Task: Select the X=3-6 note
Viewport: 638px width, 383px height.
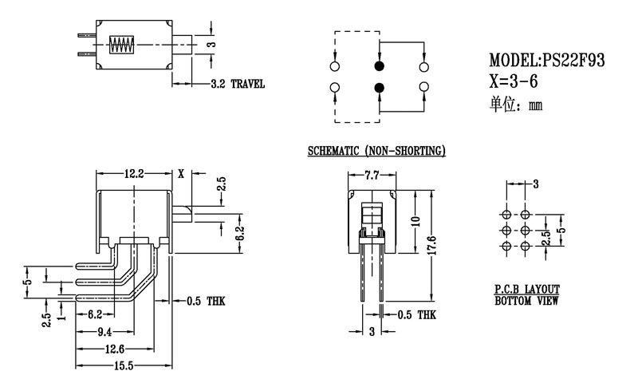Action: pos(518,81)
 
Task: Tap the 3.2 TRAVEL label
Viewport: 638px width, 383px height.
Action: pos(238,84)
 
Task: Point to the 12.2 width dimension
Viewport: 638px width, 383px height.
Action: pos(134,173)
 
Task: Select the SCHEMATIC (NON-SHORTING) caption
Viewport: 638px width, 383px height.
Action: pos(376,151)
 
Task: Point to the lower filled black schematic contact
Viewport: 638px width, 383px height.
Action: pos(379,87)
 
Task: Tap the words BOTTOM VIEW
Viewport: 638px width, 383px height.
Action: pos(527,301)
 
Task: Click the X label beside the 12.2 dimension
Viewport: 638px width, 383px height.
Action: pos(181,173)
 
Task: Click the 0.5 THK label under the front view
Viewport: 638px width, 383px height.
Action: pos(415,315)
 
